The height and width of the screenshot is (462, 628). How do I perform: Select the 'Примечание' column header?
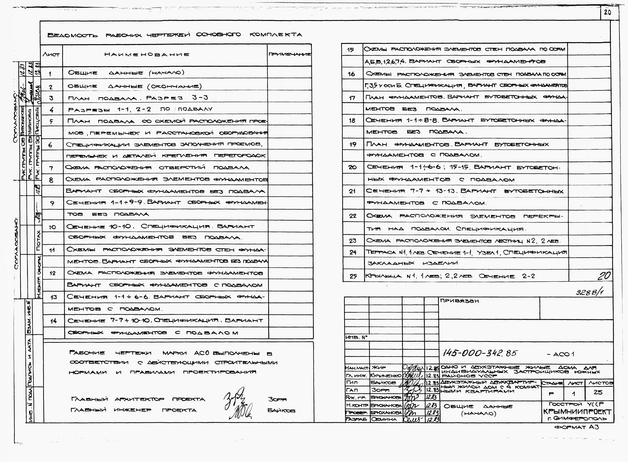(x=290, y=54)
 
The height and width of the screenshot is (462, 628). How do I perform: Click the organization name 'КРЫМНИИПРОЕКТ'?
(x=577, y=412)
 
